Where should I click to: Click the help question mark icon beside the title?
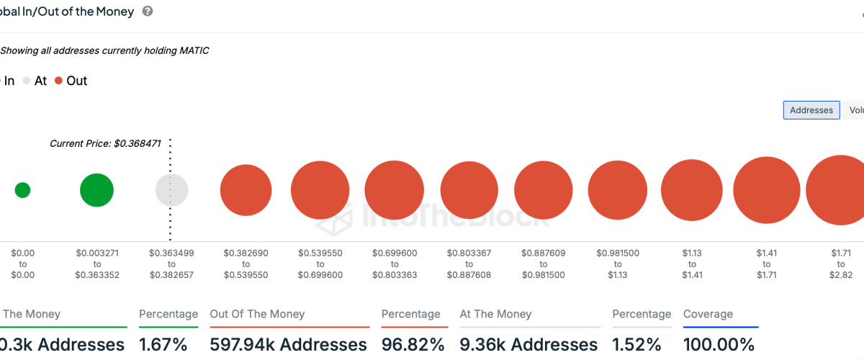pyautogui.click(x=148, y=12)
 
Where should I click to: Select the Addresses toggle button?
pyautogui.click(x=811, y=110)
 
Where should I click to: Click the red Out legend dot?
pyautogui.click(x=59, y=81)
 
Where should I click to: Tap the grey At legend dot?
pyautogui.click(x=27, y=81)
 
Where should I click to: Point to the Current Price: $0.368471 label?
pyautogui.click(x=104, y=143)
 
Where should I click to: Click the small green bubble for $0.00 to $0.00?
pyautogui.click(x=22, y=190)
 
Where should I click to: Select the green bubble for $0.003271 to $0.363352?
pyautogui.click(x=96, y=190)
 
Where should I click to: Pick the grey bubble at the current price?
pyautogui.click(x=171, y=191)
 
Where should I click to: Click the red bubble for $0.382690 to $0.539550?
pyautogui.click(x=246, y=191)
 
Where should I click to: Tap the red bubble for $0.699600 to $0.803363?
pyautogui.click(x=394, y=191)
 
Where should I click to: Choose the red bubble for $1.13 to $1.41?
pyautogui.click(x=691, y=191)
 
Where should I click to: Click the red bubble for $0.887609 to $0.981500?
pyautogui.click(x=543, y=191)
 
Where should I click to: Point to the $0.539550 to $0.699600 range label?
pyautogui.click(x=320, y=264)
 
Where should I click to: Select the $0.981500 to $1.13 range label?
pyautogui.click(x=617, y=264)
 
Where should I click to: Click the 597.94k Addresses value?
pyautogui.click(x=288, y=345)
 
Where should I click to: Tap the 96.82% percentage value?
pyautogui.click(x=413, y=345)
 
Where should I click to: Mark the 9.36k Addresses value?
pyautogui.click(x=528, y=345)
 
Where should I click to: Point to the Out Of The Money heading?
pyautogui.click(x=257, y=314)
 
